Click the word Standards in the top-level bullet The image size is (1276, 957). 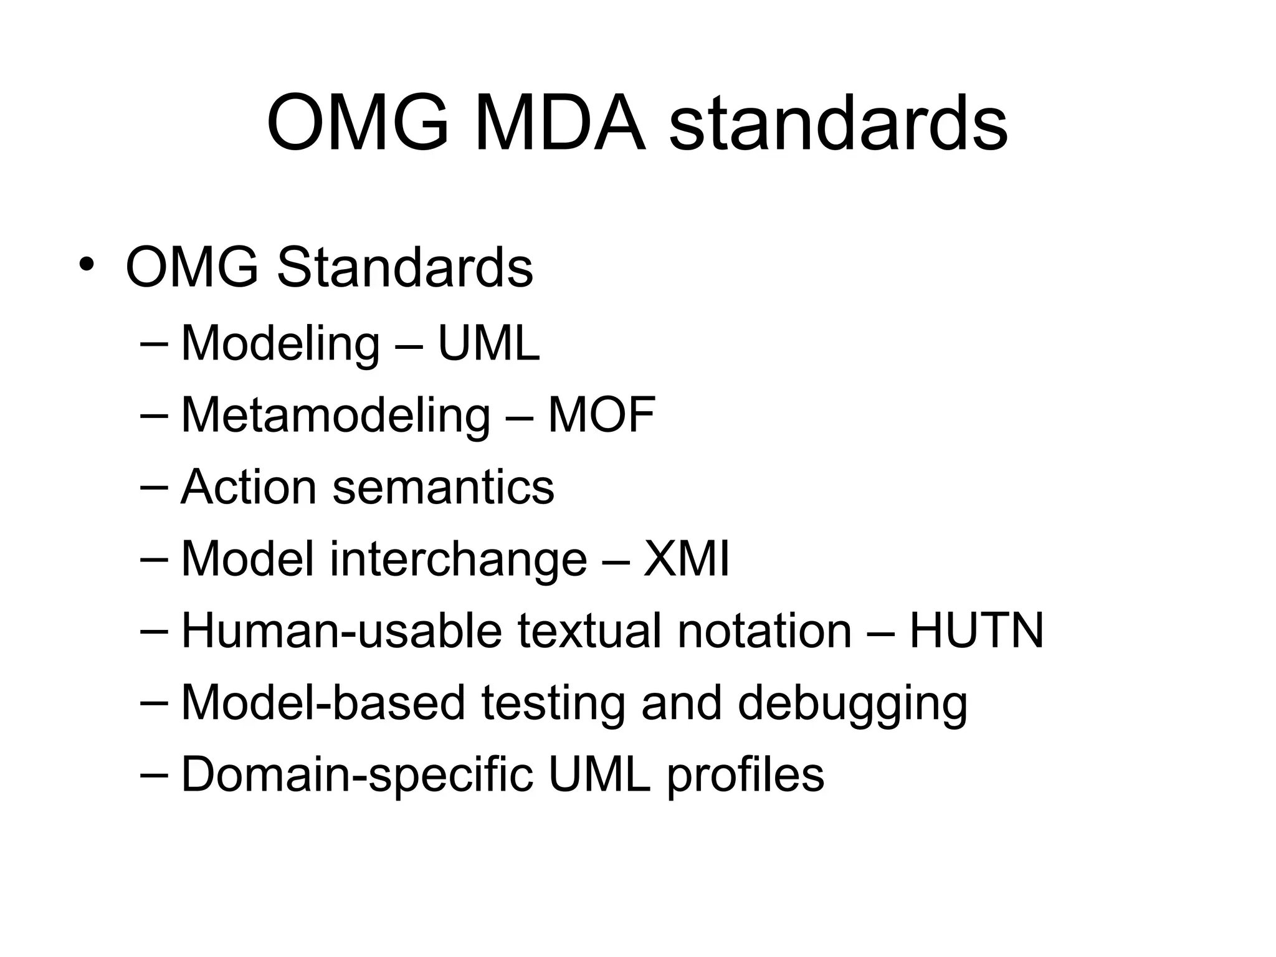(405, 268)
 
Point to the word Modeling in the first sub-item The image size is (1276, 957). (280, 345)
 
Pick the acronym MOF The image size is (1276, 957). (601, 415)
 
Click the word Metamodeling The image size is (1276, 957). (336, 416)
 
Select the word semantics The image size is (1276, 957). (443, 488)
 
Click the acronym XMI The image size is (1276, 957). (686, 559)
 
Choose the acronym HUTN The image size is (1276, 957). (976, 631)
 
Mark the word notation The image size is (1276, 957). (764, 631)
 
